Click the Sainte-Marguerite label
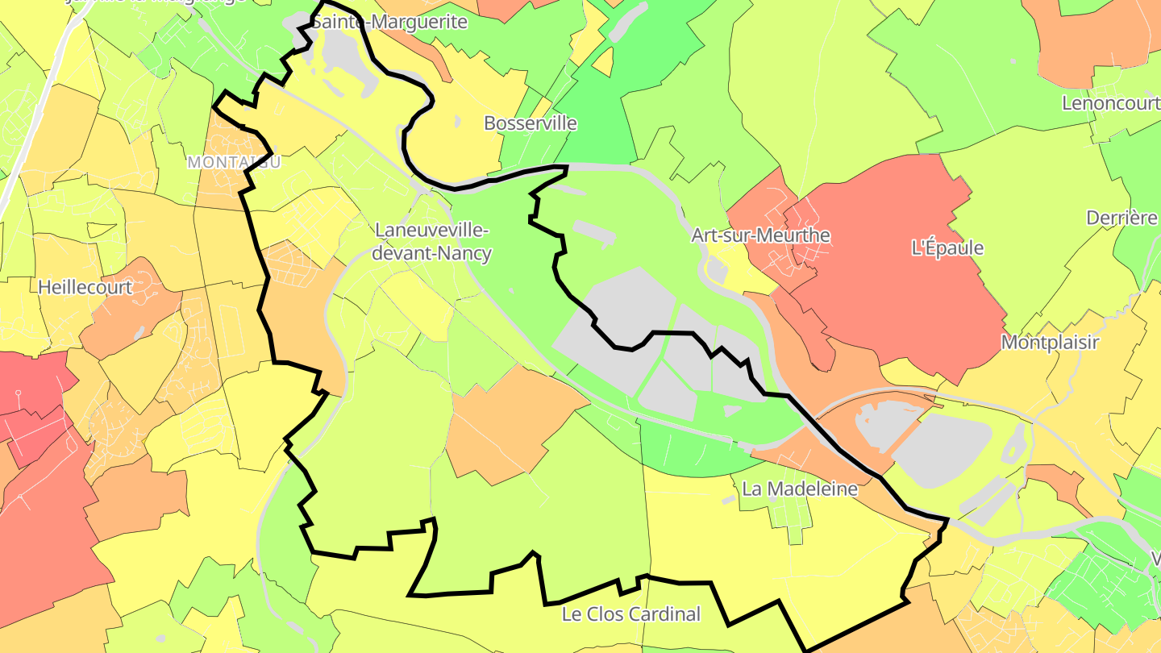[389, 22]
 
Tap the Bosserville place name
[530, 123]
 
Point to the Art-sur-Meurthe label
[760, 235]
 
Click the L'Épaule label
[947, 247]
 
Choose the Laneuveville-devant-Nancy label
[433, 241]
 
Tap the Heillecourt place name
[85, 286]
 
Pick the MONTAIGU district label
[234, 162]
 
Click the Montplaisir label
[1050, 343]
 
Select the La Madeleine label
[799, 489]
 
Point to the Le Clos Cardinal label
[631, 614]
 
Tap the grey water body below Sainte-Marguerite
[343, 60]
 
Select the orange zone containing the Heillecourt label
[129, 306]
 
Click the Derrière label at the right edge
[1121, 218]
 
